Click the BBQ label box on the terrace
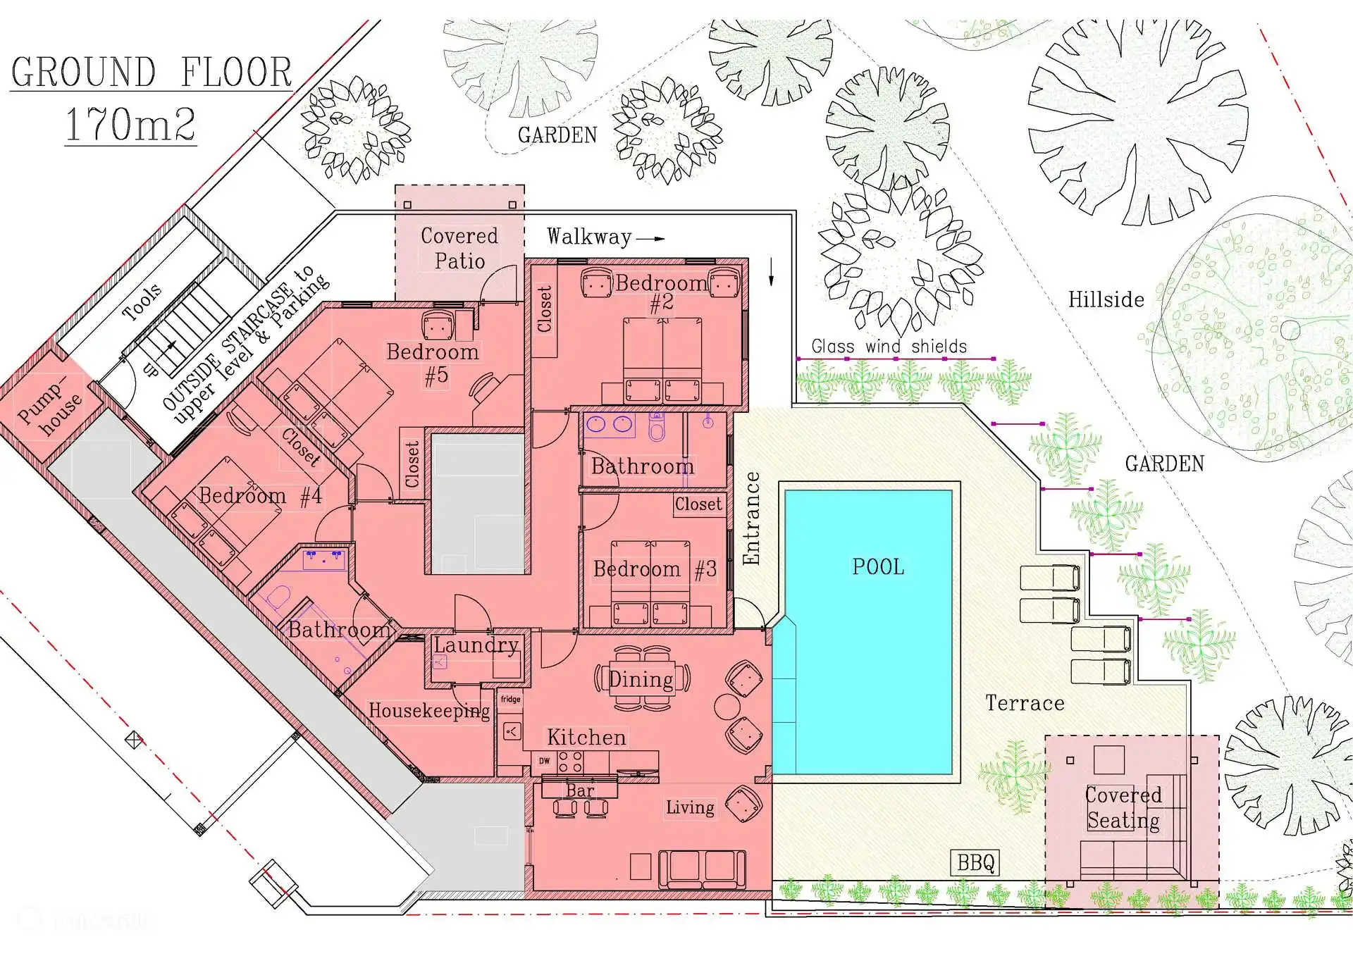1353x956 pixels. point(975,862)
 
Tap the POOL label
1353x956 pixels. point(878,567)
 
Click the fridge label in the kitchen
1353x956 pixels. point(511,699)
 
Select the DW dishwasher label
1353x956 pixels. point(545,761)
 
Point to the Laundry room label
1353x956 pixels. point(476,645)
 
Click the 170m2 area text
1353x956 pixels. point(130,124)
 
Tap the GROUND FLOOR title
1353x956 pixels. point(152,72)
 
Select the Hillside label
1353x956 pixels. point(1106,299)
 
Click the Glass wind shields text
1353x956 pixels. point(889,346)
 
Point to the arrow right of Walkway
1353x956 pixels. point(650,238)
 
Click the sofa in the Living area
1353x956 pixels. point(702,869)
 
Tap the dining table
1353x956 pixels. point(642,678)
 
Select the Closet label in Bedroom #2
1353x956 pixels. point(545,309)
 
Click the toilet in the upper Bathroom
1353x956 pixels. point(657,427)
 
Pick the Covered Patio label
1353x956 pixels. point(459,248)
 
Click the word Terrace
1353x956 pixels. point(1025,703)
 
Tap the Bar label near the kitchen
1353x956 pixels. point(580,790)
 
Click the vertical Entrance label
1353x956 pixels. point(752,518)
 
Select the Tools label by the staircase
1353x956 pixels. point(142,303)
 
